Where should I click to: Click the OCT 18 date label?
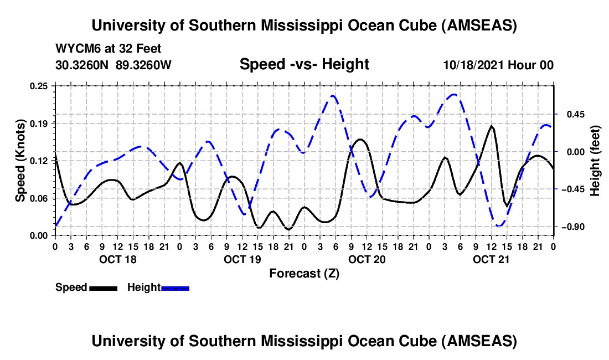(117, 259)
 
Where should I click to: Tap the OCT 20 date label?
(367, 259)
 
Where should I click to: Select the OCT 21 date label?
(491, 259)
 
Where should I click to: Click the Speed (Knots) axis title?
(20, 161)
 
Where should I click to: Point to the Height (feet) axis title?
(595, 161)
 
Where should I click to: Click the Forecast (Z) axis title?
(304, 273)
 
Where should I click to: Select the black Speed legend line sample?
(103, 288)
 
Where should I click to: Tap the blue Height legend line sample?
(175, 288)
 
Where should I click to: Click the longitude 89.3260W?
(144, 65)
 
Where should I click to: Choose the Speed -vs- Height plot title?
(304, 64)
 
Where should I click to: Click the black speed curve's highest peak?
(491, 126)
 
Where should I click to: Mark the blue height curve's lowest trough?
(499, 226)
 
